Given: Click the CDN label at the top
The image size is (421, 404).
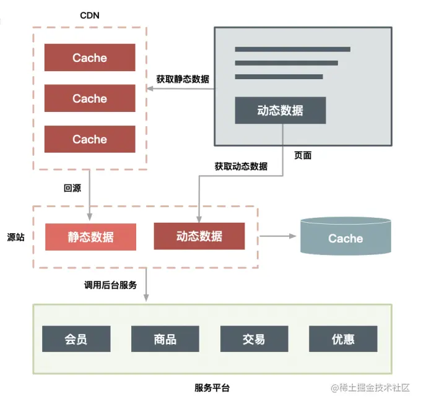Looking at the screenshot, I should [x=90, y=15].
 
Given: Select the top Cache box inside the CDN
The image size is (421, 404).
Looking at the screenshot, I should [x=90, y=58].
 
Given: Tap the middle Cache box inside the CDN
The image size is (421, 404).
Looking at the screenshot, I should [x=90, y=98].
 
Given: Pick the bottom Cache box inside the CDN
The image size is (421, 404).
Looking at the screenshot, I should [x=90, y=139].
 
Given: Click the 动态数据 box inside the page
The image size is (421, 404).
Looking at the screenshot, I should [x=280, y=111].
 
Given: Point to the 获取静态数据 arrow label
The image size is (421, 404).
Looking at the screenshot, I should [x=182, y=79].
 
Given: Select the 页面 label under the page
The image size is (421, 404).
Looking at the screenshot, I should [x=303, y=155].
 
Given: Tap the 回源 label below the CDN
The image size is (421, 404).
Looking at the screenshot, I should [x=72, y=188].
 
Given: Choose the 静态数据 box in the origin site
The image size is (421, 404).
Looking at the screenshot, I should [x=90, y=237].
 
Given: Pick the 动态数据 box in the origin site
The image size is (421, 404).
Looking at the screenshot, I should [x=199, y=236].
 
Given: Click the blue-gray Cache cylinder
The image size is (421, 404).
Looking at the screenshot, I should [x=345, y=238].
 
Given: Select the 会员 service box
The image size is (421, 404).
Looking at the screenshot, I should [x=76, y=339].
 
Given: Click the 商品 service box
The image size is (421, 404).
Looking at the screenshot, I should [x=165, y=339].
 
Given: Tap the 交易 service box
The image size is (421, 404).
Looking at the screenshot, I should [x=254, y=339].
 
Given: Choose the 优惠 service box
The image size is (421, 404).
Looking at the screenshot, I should [x=343, y=339].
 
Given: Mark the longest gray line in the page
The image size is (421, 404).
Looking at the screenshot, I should [x=292, y=49].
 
